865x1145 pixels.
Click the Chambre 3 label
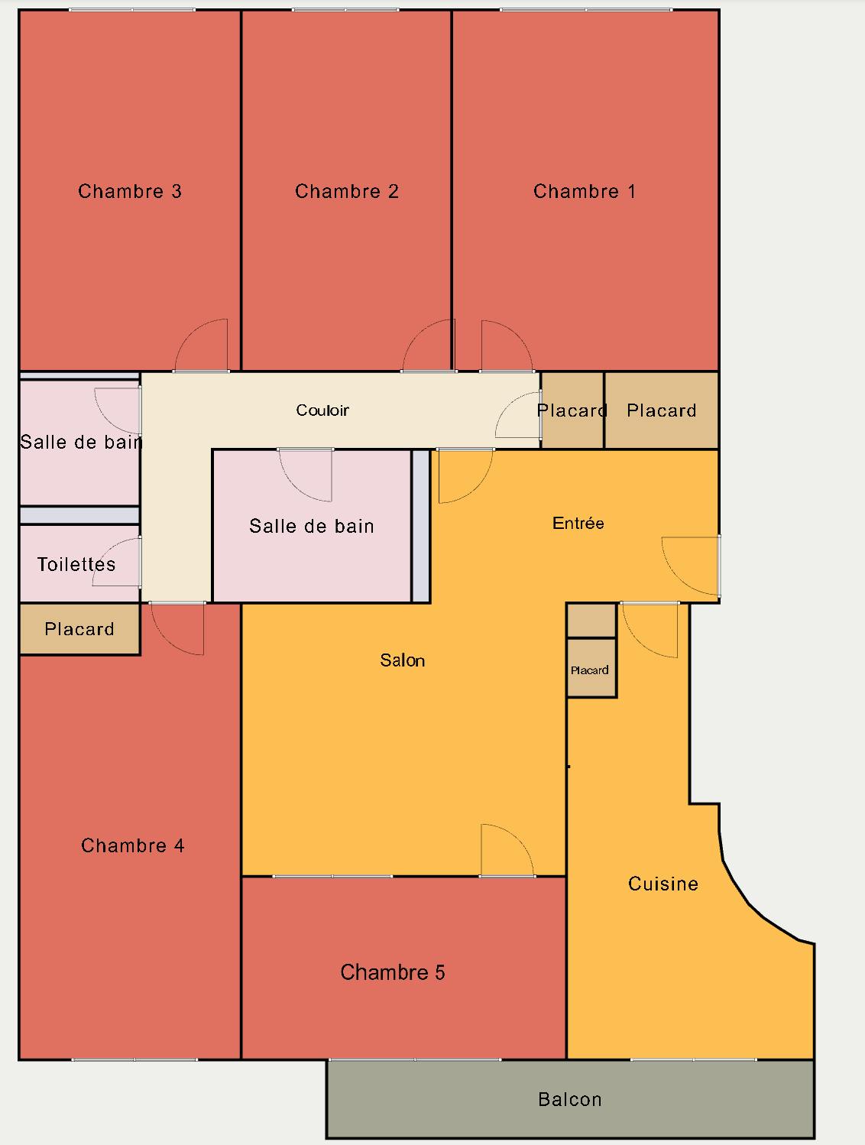130,191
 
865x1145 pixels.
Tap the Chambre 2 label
347,191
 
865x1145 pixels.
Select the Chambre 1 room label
585,191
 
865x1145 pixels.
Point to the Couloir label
322,410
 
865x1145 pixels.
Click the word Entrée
578,523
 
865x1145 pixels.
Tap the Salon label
403,660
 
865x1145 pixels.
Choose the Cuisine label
663,884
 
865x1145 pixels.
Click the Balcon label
570,1100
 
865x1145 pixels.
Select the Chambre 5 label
393,972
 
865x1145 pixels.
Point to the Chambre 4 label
133,845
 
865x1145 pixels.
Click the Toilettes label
76,564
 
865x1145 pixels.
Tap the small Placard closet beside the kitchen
591,668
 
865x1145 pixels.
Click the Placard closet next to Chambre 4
79,628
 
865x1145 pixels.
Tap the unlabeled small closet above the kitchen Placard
591,620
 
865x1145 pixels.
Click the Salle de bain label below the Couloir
312,526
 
